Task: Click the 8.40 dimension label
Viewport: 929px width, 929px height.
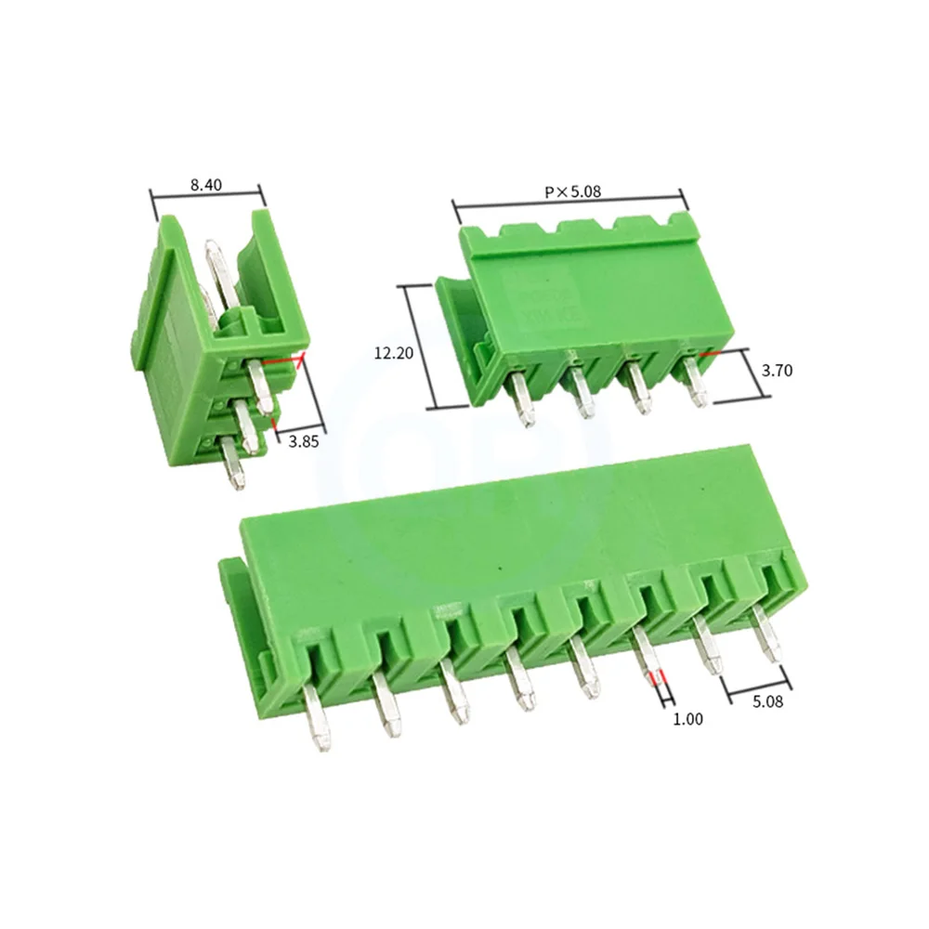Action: [205, 185]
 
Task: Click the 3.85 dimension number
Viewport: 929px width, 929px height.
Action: [303, 442]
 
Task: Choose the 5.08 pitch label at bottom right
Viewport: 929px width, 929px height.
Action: [766, 702]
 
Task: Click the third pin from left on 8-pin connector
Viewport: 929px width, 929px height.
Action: [454, 700]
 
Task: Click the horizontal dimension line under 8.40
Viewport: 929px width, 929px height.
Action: [207, 195]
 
